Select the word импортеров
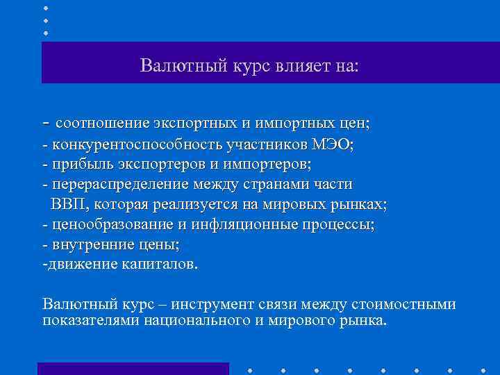[274, 165]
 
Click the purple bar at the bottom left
[133, 368]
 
